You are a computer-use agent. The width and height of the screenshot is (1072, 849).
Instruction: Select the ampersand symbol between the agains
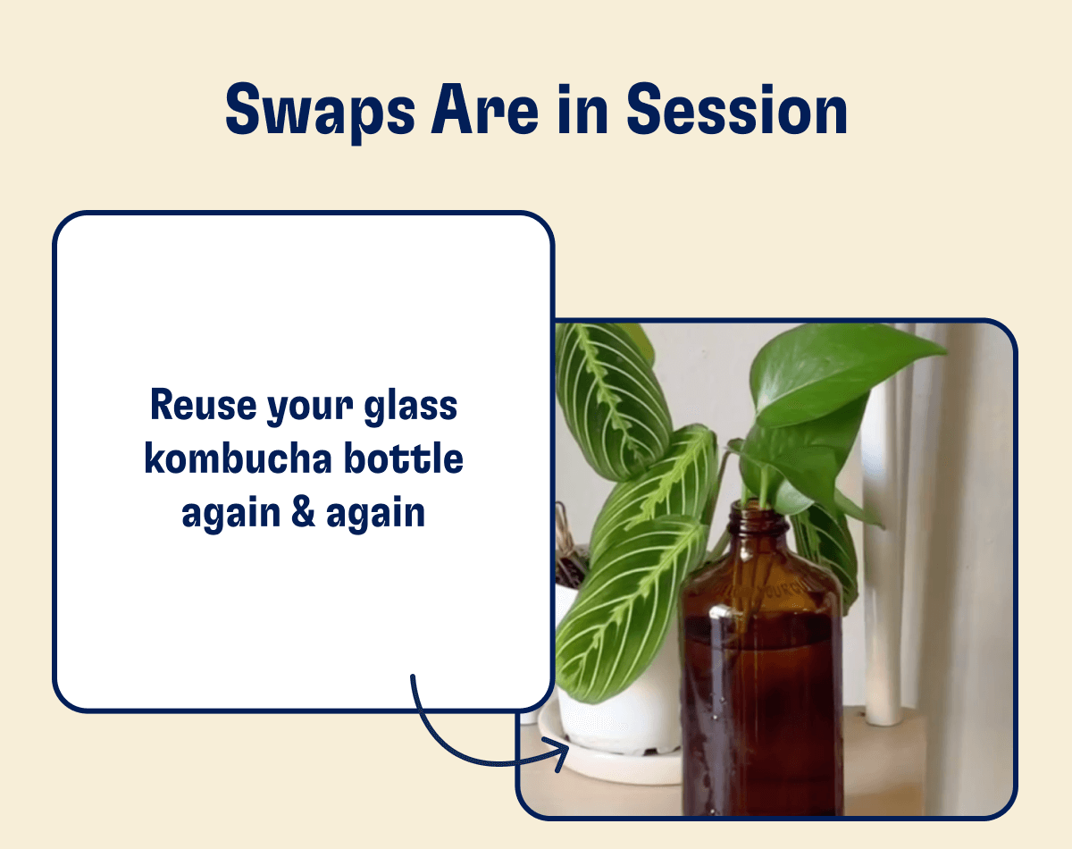pyautogui.click(x=304, y=514)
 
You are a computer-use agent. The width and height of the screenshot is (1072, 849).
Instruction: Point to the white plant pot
pyautogui.click(x=616, y=706)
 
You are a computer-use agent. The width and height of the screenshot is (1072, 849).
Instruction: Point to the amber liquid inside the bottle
pyautogui.click(x=759, y=715)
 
